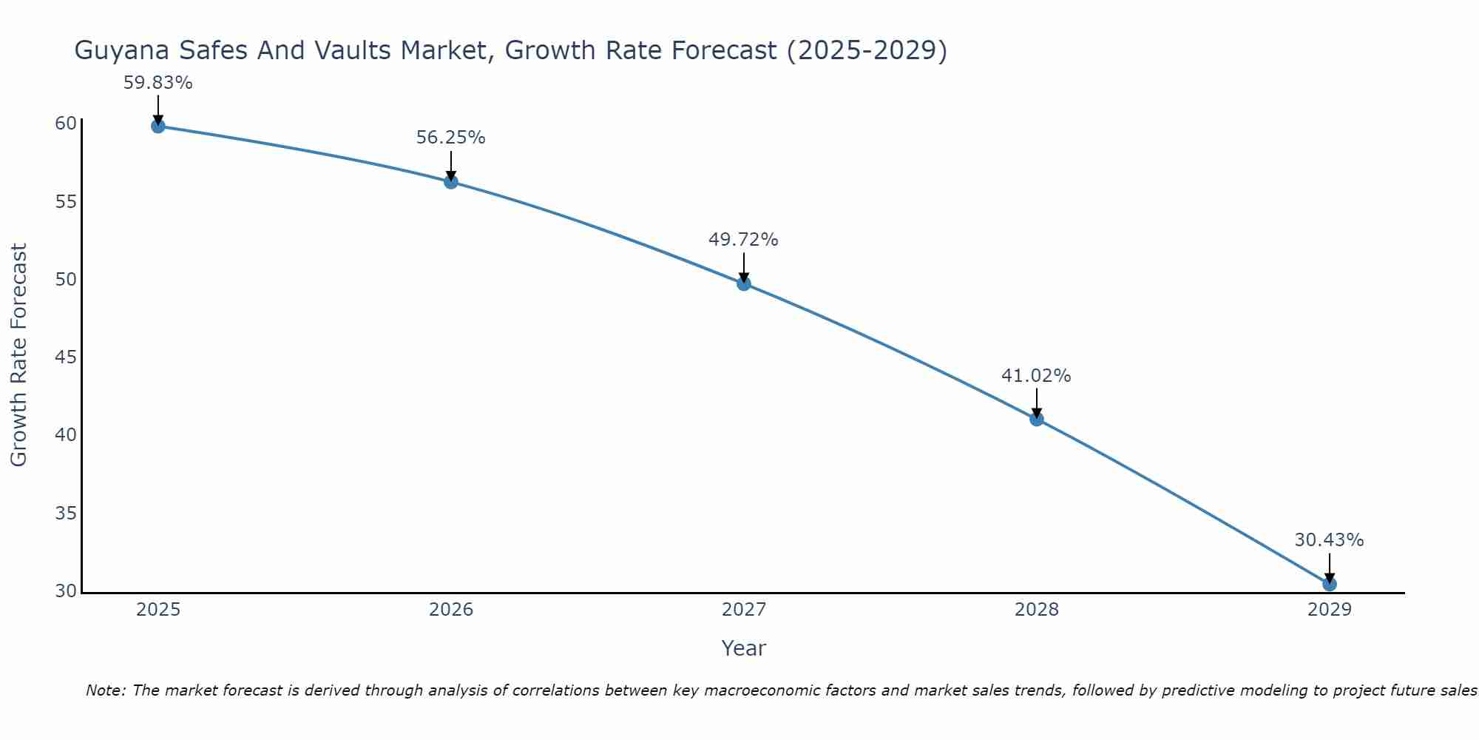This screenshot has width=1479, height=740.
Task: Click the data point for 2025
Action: point(158,126)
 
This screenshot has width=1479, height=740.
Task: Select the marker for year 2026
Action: point(451,181)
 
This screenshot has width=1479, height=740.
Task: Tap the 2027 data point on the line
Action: point(744,283)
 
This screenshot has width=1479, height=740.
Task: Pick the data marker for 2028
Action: point(1037,419)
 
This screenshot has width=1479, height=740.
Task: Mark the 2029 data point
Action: point(1330,584)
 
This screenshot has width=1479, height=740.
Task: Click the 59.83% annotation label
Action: point(158,83)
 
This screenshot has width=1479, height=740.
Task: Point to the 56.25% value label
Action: point(450,138)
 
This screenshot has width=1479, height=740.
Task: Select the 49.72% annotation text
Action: point(743,240)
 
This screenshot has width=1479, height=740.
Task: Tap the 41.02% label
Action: point(1036,376)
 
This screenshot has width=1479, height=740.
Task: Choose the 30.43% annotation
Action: point(1329,540)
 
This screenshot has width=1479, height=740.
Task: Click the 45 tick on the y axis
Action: point(66,357)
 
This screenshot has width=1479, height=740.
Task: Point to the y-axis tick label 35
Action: point(66,514)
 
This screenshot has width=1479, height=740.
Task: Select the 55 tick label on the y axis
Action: point(66,201)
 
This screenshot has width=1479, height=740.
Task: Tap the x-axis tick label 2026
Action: point(451,610)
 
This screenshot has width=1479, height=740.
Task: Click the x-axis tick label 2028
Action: point(1037,610)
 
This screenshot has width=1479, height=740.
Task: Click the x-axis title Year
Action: point(743,648)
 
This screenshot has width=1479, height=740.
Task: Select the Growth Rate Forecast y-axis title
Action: point(18,355)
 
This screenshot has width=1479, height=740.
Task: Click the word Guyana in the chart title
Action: point(119,50)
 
